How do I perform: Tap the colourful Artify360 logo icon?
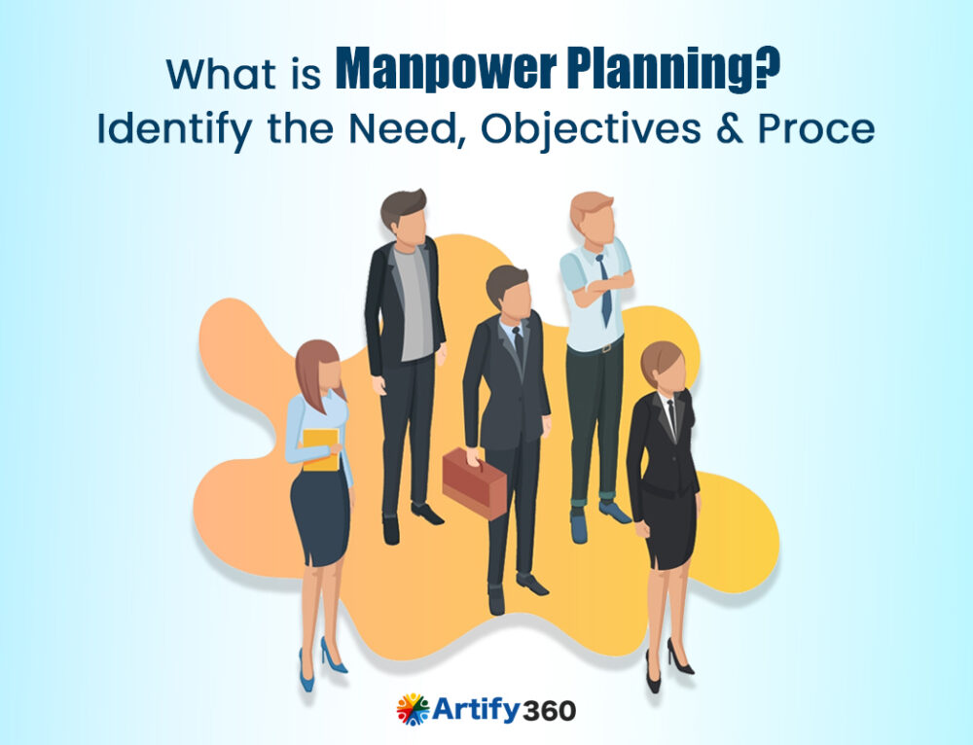pyautogui.click(x=412, y=709)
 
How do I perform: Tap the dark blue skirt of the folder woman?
pyautogui.click(x=320, y=515)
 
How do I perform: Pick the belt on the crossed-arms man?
pyautogui.click(x=596, y=347)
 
